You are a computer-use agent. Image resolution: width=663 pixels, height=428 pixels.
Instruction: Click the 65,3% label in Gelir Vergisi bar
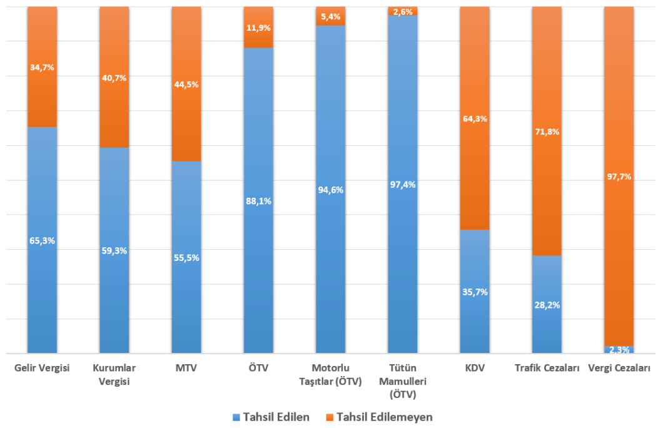coord(42,240)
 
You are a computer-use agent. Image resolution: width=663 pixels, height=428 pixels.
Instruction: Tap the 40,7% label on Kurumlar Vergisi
coord(114,78)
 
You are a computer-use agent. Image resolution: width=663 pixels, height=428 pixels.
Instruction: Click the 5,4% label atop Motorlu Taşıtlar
coord(331,17)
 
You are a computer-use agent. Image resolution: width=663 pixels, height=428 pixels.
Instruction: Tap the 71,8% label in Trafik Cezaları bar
coord(547,132)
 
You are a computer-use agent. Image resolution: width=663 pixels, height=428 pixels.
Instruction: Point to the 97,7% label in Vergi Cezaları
coord(619,176)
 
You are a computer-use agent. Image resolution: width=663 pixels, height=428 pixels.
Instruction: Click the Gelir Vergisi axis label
coord(42,368)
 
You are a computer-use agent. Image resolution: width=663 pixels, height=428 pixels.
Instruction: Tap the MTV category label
coord(186,368)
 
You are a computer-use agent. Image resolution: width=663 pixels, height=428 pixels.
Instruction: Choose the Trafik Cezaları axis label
coord(547,368)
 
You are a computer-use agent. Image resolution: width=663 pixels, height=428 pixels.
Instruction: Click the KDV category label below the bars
coord(475,368)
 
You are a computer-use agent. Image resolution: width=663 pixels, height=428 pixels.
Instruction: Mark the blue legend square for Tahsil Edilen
coord(236,417)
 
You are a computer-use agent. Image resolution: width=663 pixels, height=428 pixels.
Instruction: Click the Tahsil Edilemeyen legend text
coord(385,417)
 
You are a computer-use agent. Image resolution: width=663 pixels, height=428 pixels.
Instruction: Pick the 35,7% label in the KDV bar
coord(475,292)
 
